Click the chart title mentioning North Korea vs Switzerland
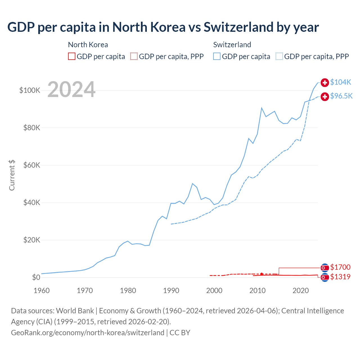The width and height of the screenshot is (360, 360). [163, 27]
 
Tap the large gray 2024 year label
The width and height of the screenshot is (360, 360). [71, 90]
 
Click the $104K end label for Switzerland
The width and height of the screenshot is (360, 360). [341, 82]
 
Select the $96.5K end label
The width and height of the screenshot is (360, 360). [341, 96]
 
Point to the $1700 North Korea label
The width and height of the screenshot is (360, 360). [340, 267]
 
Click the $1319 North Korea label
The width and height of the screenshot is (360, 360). [340, 277]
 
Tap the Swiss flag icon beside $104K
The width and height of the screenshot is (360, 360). [325, 82]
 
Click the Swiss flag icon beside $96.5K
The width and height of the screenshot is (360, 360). [325, 97]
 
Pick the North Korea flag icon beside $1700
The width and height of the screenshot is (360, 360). [325, 267]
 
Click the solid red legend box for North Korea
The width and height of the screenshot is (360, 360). [72, 57]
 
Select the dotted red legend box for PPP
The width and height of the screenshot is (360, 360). [134, 57]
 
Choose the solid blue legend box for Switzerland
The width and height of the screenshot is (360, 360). [217, 57]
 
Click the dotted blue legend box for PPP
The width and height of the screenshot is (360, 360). [279, 57]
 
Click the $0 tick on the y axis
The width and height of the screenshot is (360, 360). [36, 277]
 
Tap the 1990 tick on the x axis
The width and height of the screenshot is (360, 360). [171, 291]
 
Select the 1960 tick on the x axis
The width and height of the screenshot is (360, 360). [42, 291]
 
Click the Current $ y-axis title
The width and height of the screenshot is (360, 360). [12, 175]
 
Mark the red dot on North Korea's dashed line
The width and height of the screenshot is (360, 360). [262, 274]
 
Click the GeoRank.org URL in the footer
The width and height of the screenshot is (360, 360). [87, 333]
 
